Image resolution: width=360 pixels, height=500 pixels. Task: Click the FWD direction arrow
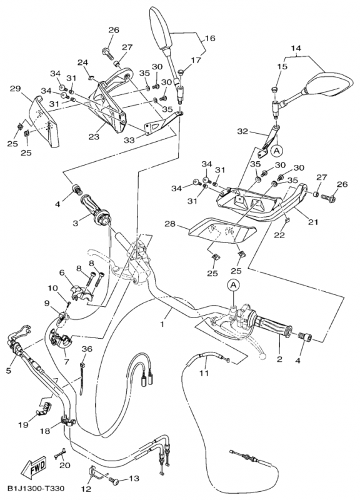point(34,466)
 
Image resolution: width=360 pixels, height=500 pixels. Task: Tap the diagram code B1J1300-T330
point(36,489)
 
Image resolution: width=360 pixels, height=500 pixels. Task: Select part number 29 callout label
point(15,89)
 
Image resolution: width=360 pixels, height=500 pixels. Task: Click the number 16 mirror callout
point(210,38)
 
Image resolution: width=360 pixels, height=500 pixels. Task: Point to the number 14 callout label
point(296,48)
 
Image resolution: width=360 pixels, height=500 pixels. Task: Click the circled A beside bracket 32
point(276,151)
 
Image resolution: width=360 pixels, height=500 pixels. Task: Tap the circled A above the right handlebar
point(234,286)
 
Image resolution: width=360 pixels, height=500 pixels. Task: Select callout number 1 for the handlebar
point(162,324)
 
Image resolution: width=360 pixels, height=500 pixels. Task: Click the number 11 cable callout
point(204,372)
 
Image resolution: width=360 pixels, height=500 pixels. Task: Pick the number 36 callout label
point(87,349)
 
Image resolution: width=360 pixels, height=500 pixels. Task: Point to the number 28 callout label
point(170,224)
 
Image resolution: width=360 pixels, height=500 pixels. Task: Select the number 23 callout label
point(94,137)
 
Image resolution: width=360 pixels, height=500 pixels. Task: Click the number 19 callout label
point(23,424)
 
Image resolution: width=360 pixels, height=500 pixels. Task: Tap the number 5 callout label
point(8,370)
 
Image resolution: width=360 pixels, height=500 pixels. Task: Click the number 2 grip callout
point(279,359)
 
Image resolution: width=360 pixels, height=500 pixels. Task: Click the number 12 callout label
point(86,489)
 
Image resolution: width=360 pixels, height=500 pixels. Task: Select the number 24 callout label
point(83,62)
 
